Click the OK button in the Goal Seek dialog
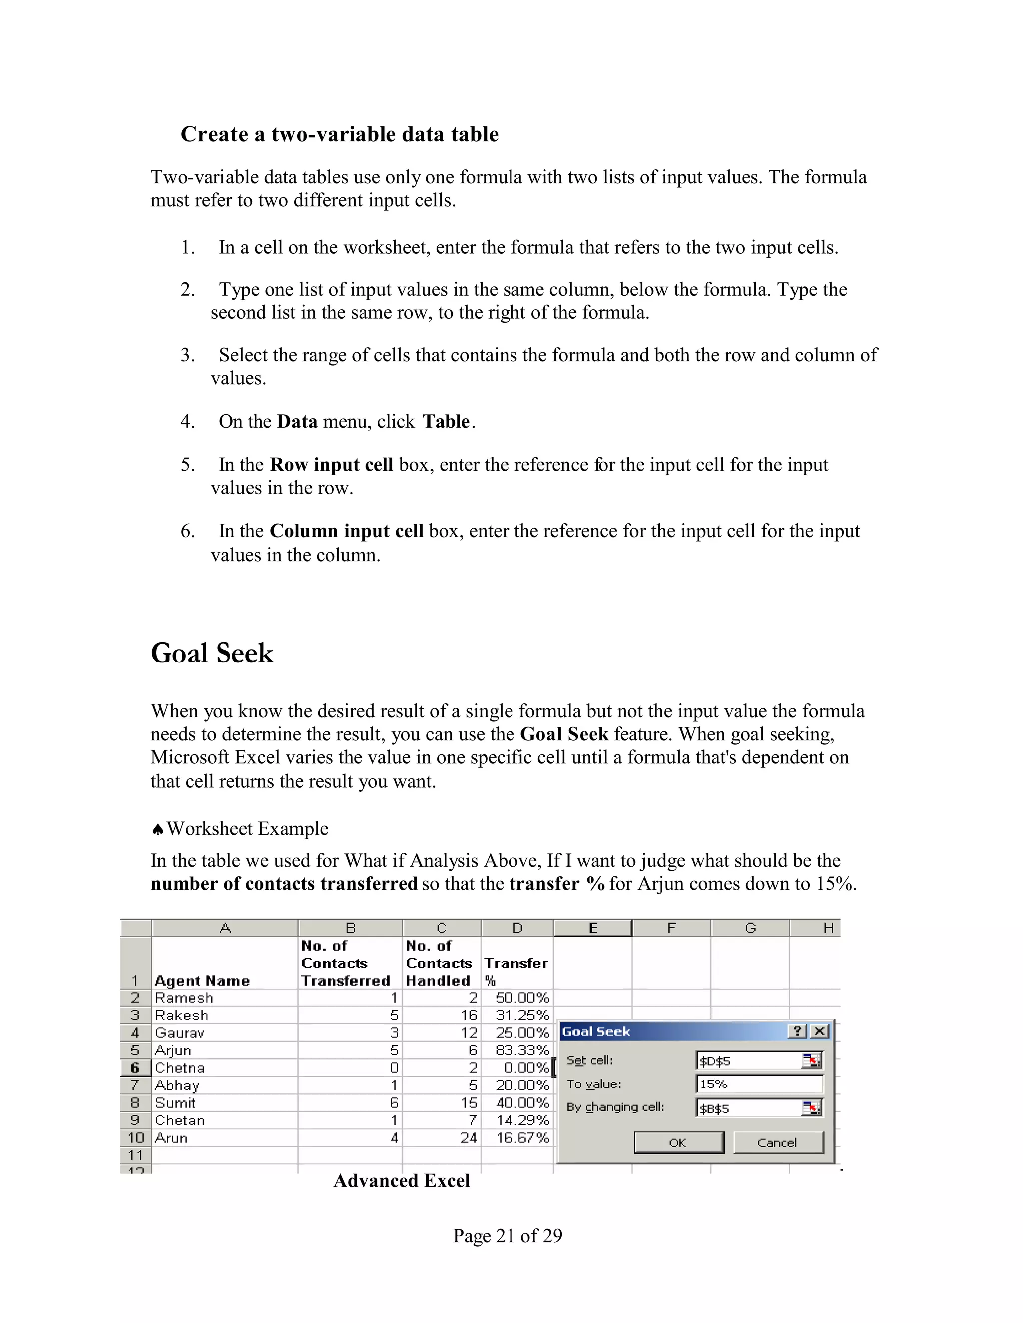(x=678, y=1142)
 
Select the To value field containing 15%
(x=759, y=1084)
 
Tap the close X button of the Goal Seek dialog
(x=819, y=1031)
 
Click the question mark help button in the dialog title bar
(x=797, y=1031)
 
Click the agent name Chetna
(x=180, y=1068)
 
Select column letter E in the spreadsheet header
(x=593, y=928)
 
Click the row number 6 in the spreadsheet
(x=135, y=1068)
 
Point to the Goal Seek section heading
(x=212, y=653)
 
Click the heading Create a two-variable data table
(x=339, y=134)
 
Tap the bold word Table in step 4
(x=446, y=422)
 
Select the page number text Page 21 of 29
(x=508, y=1235)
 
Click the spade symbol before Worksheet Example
(x=157, y=829)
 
